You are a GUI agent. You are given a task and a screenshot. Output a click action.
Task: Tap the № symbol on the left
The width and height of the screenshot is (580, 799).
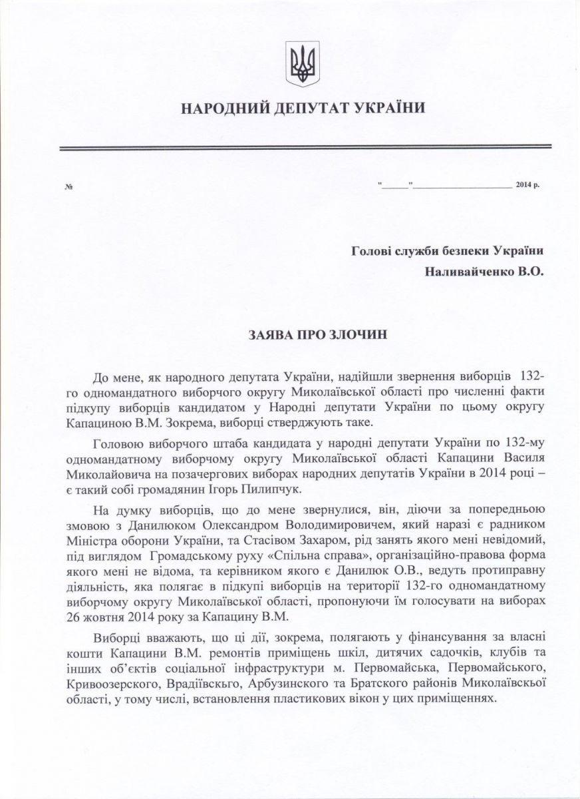(68, 186)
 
